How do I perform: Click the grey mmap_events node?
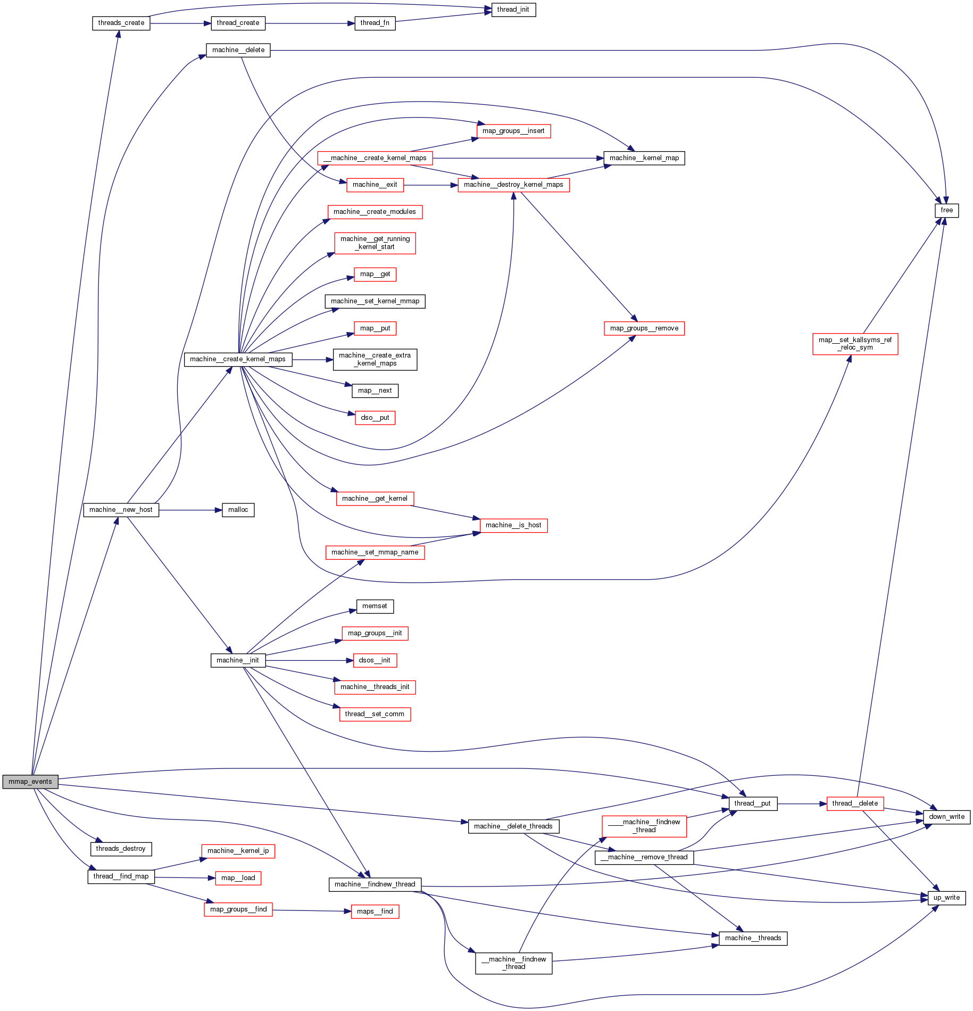point(30,782)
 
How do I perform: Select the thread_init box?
point(513,10)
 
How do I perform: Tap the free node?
point(946,210)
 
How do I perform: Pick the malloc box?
point(238,510)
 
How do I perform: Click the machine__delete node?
point(238,50)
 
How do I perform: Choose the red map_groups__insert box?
point(513,131)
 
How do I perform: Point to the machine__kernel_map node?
point(644,158)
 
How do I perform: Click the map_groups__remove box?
point(644,328)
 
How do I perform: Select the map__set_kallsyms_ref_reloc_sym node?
point(855,344)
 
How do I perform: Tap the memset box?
point(375,606)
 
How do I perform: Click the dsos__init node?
point(375,660)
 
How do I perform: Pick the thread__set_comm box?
point(375,714)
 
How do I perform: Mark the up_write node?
point(946,898)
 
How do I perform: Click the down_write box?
point(946,817)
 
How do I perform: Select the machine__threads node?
point(753,938)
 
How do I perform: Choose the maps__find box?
point(375,911)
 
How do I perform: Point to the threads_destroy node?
point(121,849)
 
